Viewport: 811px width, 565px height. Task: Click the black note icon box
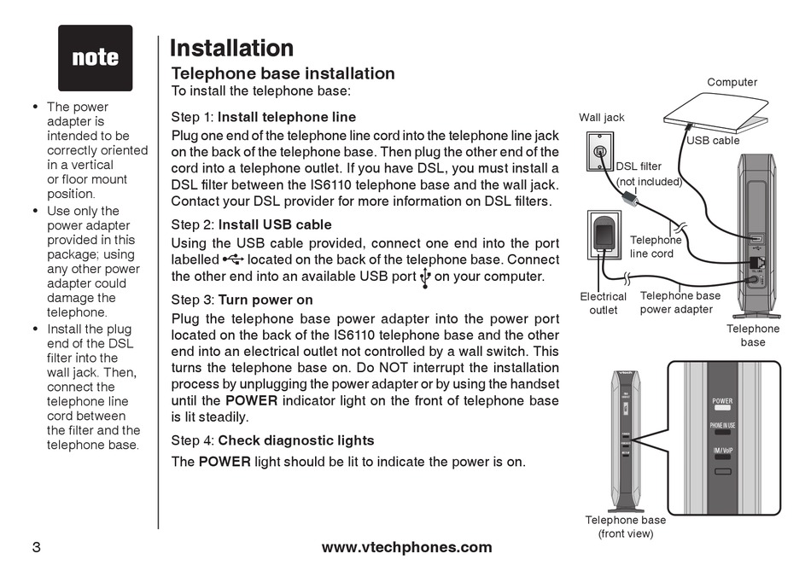coord(95,58)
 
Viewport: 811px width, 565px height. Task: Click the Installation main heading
coord(231,48)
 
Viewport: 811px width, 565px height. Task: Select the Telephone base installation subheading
coord(283,73)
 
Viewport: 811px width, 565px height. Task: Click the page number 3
coord(36,547)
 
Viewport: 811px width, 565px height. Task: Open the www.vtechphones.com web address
coord(406,547)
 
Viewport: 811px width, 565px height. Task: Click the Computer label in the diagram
coord(732,82)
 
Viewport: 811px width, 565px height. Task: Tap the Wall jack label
coord(602,117)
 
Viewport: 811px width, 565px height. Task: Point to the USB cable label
coord(713,140)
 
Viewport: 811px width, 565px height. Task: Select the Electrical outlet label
coord(603,303)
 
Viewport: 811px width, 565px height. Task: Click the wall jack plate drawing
coord(601,154)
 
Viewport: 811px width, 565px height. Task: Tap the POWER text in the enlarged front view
coord(722,400)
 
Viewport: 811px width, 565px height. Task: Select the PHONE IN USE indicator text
coord(722,424)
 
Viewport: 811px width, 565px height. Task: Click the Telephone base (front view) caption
coord(625,527)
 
